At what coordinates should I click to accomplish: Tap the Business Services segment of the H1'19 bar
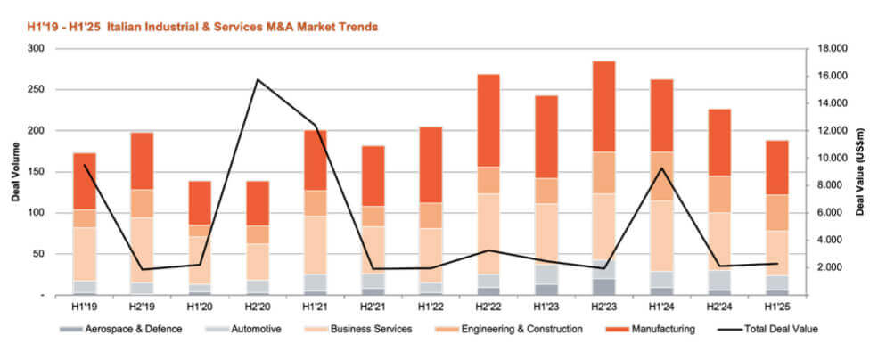pyautogui.click(x=85, y=254)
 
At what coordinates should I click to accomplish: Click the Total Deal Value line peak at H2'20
pyautogui.click(x=258, y=80)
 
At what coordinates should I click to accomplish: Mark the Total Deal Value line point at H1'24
pyautogui.click(x=661, y=168)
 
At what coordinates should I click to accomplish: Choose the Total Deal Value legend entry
pyautogui.click(x=767, y=329)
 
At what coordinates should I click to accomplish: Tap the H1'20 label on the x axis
pyautogui.click(x=200, y=307)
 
